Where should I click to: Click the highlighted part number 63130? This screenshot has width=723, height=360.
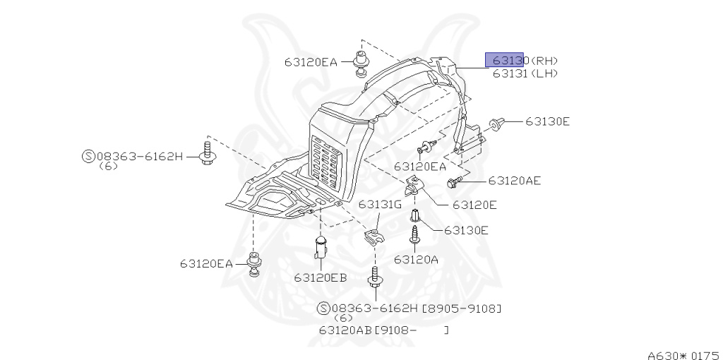[x=504, y=59]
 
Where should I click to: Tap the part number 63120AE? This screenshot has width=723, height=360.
[x=514, y=181]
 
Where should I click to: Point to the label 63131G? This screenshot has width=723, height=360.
[x=379, y=204]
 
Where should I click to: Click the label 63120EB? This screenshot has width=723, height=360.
[x=321, y=277]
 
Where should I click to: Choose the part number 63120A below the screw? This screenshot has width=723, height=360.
[x=416, y=259]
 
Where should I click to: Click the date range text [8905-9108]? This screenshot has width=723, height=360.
[x=462, y=308]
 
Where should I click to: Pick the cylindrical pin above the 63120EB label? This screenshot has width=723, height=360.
[x=321, y=248]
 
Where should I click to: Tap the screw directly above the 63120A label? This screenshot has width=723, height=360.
[x=415, y=234]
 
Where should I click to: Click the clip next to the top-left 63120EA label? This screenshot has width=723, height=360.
[x=361, y=62]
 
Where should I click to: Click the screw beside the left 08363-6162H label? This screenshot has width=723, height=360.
[x=208, y=153]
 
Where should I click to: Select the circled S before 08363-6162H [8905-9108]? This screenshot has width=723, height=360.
[x=323, y=308]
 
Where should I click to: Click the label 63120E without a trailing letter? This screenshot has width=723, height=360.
[x=474, y=205]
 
